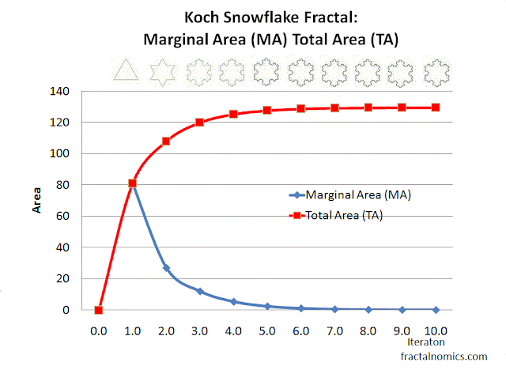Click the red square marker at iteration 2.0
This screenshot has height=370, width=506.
click(166, 142)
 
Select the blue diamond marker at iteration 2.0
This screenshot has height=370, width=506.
click(166, 268)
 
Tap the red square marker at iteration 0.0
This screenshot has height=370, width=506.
click(98, 310)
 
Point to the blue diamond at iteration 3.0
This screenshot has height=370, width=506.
click(200, 291)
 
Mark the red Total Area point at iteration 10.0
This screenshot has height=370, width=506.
click(436, 108)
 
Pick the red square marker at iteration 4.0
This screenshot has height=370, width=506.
click(233, 114)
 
